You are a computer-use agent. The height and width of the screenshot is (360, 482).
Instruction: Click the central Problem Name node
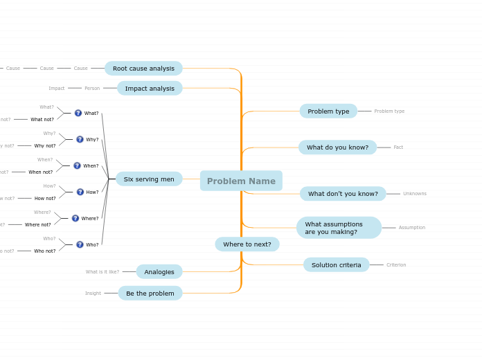[241, 181]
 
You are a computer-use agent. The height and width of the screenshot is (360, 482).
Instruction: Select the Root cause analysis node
[143, 69]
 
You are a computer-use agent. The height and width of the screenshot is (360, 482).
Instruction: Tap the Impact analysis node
[150, 89]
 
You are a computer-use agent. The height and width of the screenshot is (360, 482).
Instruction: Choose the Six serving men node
[149, 179]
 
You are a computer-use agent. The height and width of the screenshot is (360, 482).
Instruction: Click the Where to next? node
[247, 244]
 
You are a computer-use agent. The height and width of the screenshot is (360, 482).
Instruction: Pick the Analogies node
[159, 272]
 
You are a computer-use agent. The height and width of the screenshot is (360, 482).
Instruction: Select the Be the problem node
[150, 294]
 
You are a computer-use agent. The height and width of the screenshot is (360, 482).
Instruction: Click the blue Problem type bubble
[328, 111]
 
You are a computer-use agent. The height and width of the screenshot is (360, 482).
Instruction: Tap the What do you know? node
[337, 147]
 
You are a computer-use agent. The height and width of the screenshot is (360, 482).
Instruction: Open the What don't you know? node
[343, 194]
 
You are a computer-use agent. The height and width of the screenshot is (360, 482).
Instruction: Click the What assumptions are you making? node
[339, 228]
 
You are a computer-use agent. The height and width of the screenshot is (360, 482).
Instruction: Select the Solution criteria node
[336, 265]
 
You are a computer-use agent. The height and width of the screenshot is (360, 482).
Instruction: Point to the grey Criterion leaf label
[396, 265]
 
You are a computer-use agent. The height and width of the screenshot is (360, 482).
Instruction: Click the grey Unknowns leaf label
[415, 194]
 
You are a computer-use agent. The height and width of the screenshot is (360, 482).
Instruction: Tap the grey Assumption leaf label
[412, 228]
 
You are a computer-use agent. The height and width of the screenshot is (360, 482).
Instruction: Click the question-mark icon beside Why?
[80, 139]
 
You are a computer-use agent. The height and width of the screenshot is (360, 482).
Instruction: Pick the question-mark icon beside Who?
[80, 244]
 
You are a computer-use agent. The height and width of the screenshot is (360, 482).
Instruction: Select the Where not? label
[38, 225]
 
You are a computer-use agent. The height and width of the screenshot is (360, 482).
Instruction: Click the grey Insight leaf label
[93, 294]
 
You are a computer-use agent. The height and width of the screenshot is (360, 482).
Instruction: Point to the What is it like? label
[102, 272]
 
